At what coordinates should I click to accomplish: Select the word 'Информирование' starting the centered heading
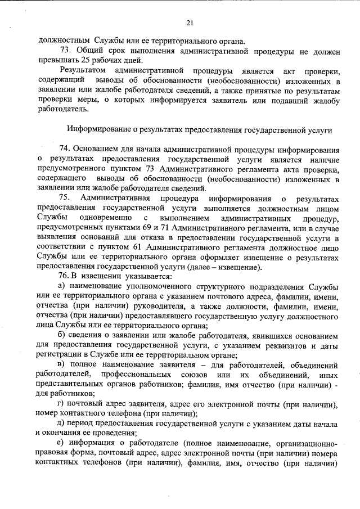[100, 129]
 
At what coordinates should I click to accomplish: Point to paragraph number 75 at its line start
[64, 198]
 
